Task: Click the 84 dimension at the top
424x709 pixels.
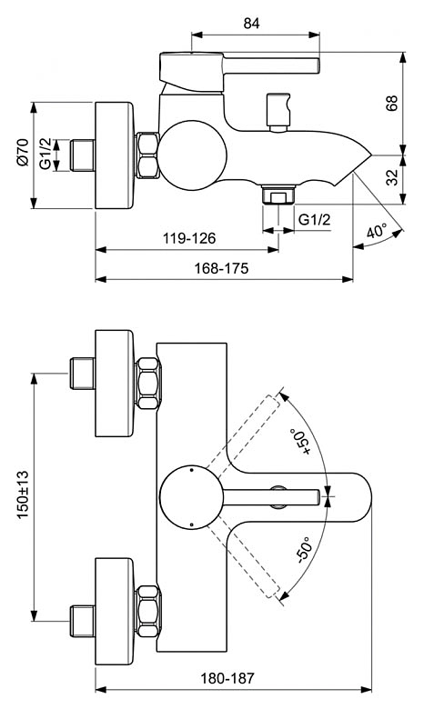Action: point(252,24)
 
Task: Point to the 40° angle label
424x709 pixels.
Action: point(376,231)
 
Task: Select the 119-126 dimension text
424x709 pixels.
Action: point(189,238)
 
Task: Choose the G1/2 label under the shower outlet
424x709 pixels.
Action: point(314,219)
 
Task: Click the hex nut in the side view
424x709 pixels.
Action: point(147,155)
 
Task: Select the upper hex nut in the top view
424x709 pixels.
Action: point(147,383)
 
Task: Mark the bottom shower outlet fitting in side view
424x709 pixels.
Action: point(278,195)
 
